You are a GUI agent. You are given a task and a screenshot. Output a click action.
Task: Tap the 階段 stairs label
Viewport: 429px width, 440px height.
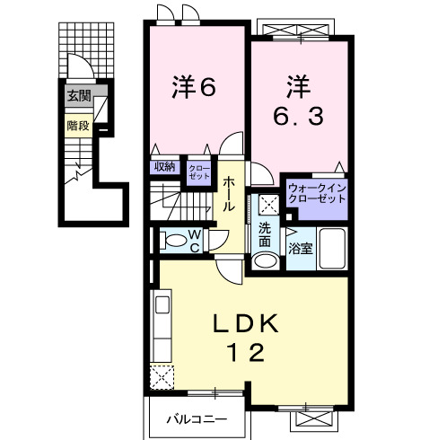(x=77, y=126)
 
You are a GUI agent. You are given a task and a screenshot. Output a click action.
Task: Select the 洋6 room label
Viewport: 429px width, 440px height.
(x=195, y=87)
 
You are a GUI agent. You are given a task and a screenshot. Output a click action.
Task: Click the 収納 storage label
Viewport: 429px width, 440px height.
(x=163, y=166)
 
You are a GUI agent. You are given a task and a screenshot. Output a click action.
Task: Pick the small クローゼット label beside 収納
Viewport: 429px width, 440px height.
(x=198, y=171)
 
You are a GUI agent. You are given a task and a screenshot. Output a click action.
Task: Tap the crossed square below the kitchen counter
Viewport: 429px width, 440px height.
(x=162, y=377)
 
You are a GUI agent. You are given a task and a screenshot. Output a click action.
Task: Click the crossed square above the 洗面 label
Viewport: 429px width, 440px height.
(x=266, y=202)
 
